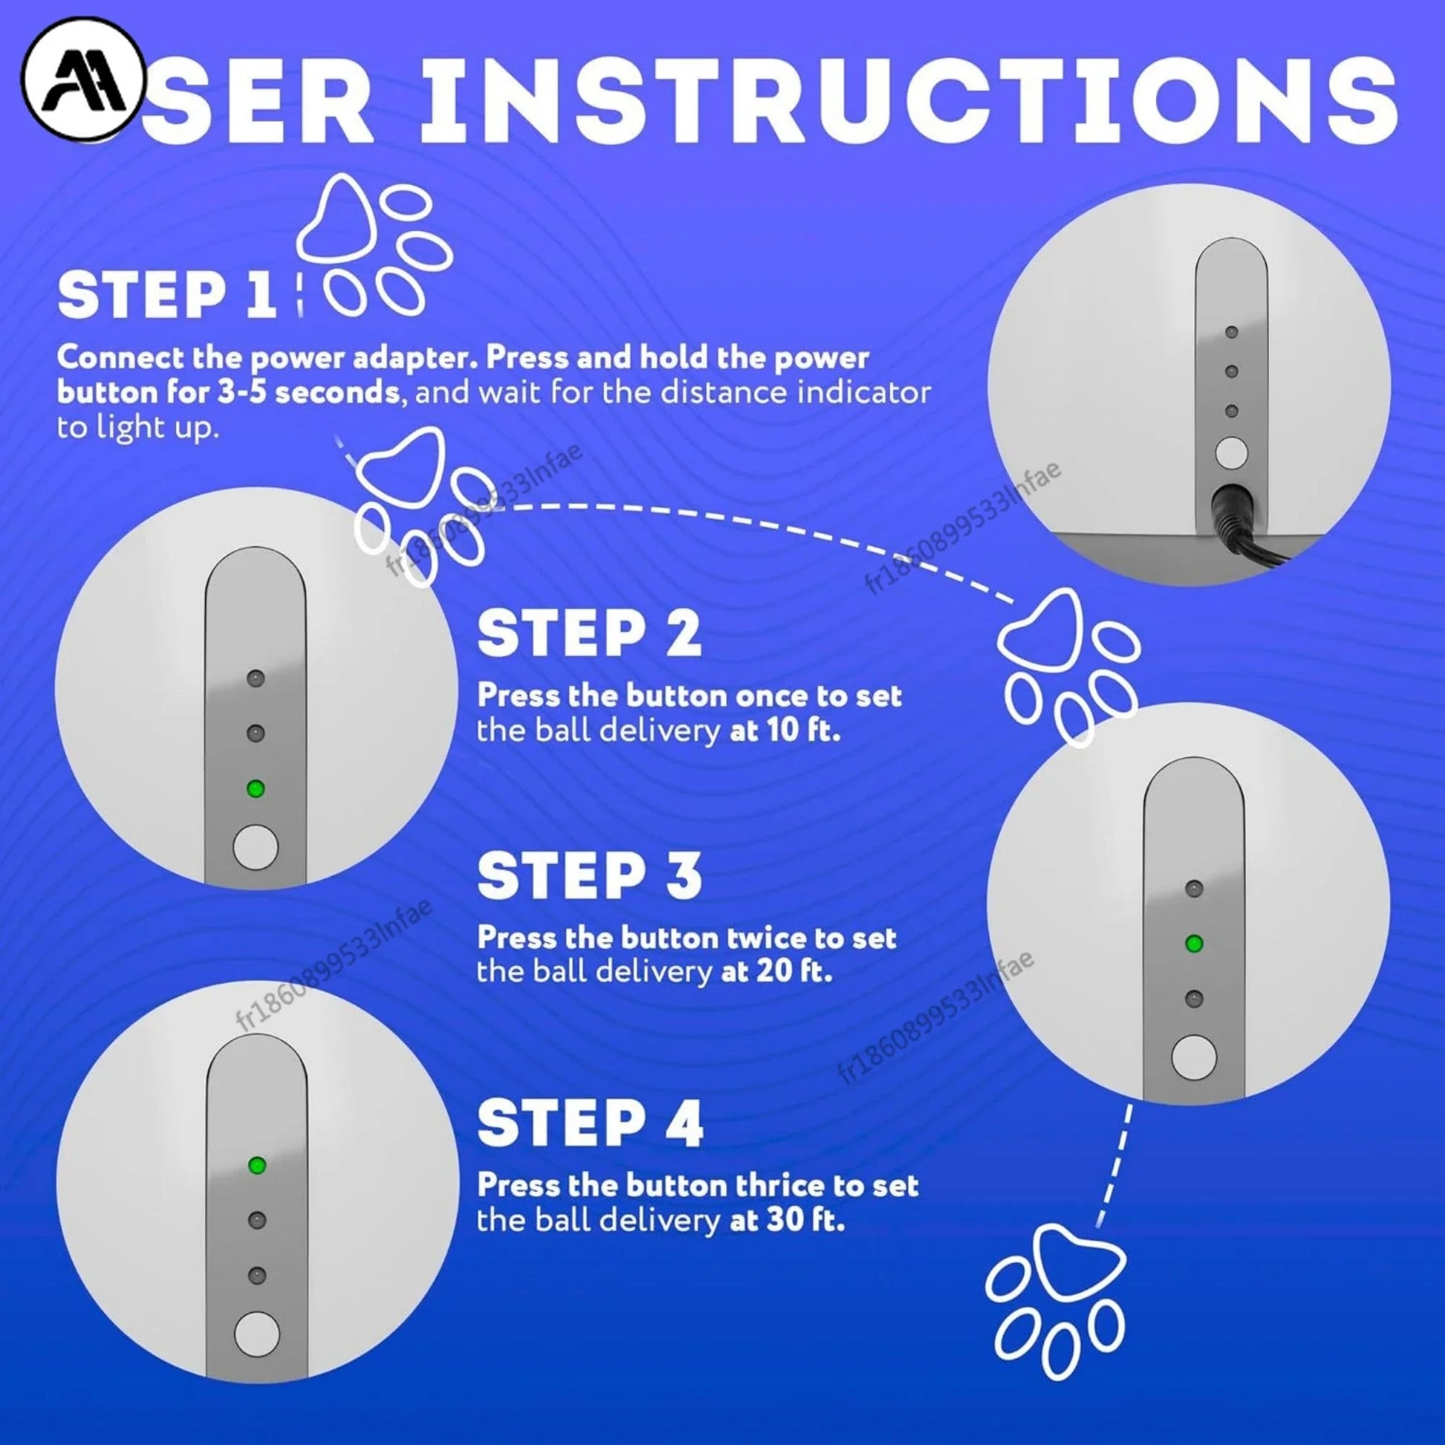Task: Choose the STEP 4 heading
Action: pyautogui.click(x=590, y=1123)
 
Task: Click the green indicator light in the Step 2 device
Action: pyautogui.click(x=255, y=789)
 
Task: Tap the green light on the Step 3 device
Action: pyautogui.click(x=1194, y=944)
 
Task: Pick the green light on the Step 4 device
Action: pyautogui.click(x=257, y=1165)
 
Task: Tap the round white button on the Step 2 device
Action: pyautogui.click(x=255, y=847)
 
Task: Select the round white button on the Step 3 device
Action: pyautogui.click(x=1194, y=1057)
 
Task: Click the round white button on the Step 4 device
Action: pyautogui.click(x=257, y=1334)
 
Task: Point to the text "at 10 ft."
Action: pyautogui.click(x=785, y=730)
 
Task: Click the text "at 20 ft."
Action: pyautogui.click(x=777, y=972)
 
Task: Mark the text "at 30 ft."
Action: pyautogui.click(x=787, y=1221)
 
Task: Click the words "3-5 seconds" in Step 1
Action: pyautogui.click(x=310, y=393)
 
